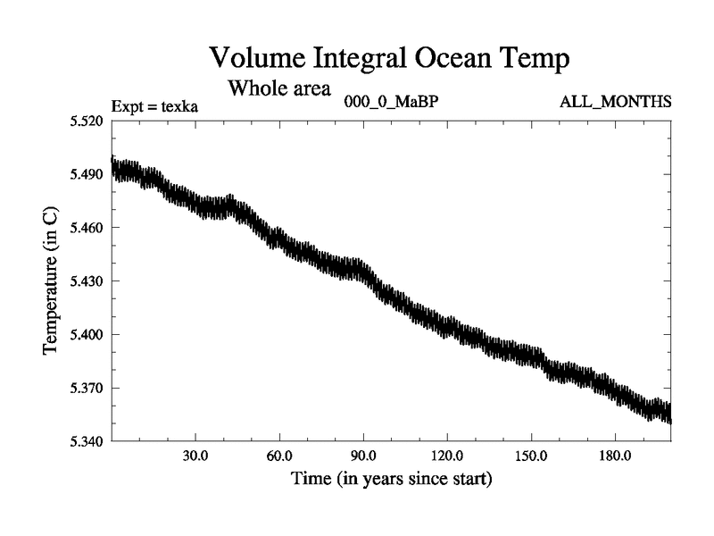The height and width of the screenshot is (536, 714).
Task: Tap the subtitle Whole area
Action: (279, 88)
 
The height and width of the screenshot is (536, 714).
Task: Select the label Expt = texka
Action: (154, 106)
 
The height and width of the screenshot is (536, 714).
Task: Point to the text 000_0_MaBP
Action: (391, 101)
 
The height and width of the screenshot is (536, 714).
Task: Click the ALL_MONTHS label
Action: (615, 101)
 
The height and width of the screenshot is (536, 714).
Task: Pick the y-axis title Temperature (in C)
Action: (53, 281)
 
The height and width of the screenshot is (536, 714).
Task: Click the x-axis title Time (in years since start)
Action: (391, 479)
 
